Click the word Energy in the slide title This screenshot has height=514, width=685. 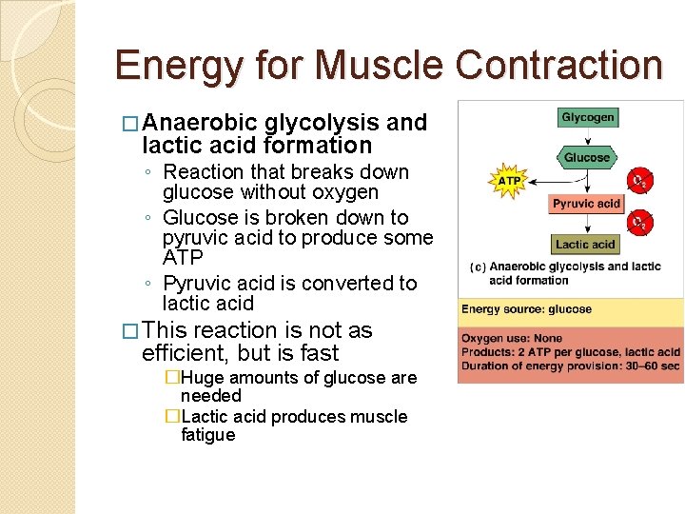pyautogui.click(x=172, y=65)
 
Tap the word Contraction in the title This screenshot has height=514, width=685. pyautogui.click(x=558, y=65)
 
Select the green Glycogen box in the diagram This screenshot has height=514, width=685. pyautogui.click(x=587, y=118)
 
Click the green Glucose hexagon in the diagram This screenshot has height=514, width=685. pyautogui.click(x=586, y=157)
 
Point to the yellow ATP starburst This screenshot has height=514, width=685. pyautogui.click(x=510, y=180)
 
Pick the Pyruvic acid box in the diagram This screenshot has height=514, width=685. pyautogui.click(x=586, y=203)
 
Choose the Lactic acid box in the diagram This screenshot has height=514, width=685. pyautogui.click(x=585, y=245)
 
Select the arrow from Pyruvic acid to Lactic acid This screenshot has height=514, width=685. pyautogui.click(x=587, y=224)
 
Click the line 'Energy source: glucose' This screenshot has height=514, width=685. pyautogui.click(x=526, y=309)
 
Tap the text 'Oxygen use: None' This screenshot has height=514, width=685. pyautogui.click(x=512, y=339)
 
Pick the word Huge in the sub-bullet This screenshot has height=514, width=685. pyautogui.click(x=202, y=378)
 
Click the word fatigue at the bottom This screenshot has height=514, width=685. pyautogui.click(x=207, y=435)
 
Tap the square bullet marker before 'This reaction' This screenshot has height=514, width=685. pyautogui.click(x=132, y=331)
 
